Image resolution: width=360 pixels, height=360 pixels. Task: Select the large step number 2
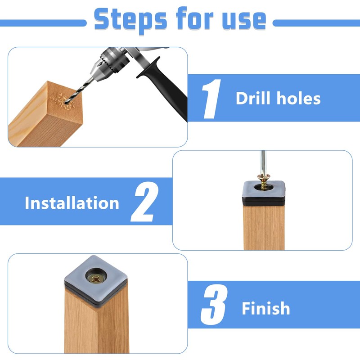click(x=144, y=202)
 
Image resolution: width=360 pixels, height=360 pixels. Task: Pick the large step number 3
click(x=214, y=305)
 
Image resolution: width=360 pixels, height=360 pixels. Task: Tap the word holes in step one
click(x=298, y=98)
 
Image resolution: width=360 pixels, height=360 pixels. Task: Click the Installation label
click(x=72, y=203)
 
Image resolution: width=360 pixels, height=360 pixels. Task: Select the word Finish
click(x=266, y=308)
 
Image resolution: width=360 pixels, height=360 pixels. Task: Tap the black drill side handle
click(x=163, y=88)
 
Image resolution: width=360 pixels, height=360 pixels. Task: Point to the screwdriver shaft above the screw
click(x=263, y=163)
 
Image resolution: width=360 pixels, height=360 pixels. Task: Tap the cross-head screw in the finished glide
click(x=96, y=279)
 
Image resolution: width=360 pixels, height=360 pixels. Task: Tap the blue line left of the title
click(x=43, y=23)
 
